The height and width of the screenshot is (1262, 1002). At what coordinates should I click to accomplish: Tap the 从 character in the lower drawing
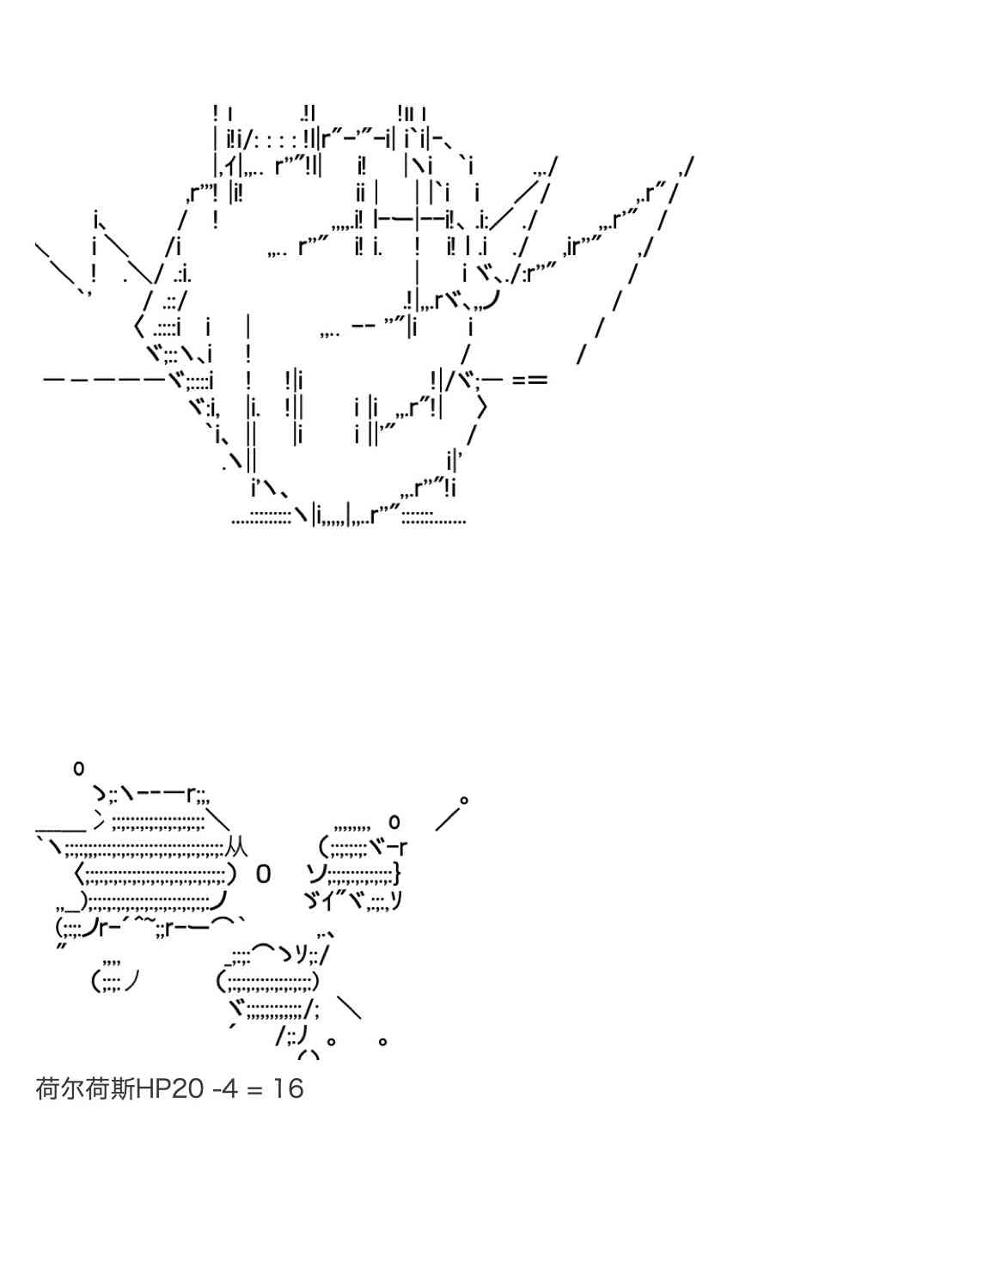pyautogui.click(x=235, y=847)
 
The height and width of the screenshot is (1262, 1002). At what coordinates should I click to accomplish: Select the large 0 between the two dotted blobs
pyautogui.click(x=264, y=875)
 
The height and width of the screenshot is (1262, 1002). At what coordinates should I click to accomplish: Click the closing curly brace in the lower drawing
pyautogui.click(x=397, y=874)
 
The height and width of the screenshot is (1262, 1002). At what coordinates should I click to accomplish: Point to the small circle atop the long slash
pyautogui.click(x=463, y=800)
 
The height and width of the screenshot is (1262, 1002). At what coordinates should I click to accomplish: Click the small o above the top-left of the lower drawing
pyautogui.click(x=78, y=768)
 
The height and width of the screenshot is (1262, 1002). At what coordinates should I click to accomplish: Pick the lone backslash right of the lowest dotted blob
pyautogui.click(x=350, y=1008)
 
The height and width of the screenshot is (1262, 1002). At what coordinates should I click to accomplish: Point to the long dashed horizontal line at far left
pyautogui.click(x=105, y=380)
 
